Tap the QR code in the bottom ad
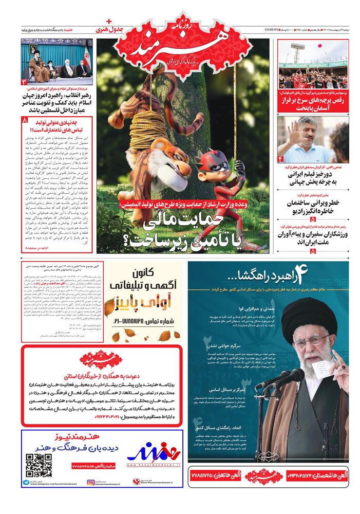coord(39,465)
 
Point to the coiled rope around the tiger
coord(149,128)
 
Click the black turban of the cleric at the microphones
coord(302,314)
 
